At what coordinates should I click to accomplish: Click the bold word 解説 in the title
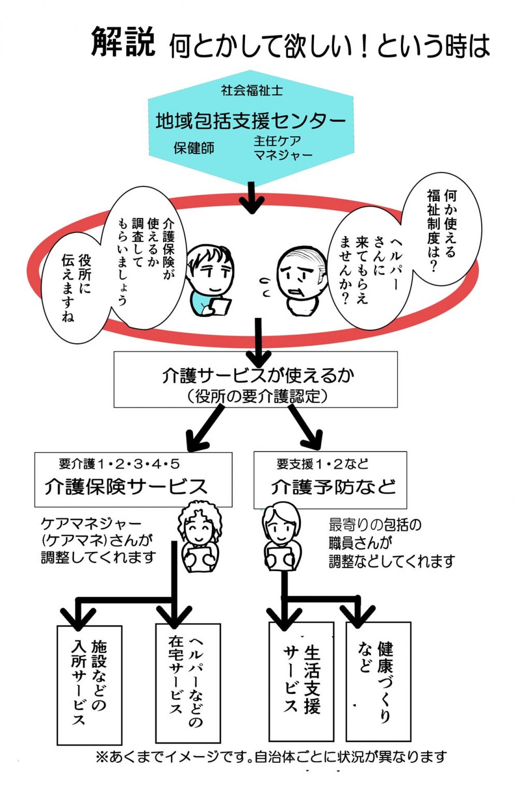click(x=123, y=42)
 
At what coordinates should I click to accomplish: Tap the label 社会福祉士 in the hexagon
click(x=252, y=90)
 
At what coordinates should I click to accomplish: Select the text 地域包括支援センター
click(x=251, y=120)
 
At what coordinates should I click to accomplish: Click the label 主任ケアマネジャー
click(x=282, y=148)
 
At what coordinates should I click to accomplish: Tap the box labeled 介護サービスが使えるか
click(x=255, y=379)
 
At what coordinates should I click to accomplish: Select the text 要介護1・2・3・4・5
click(x=119, y=464)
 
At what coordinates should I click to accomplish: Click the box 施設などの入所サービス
click(x=89, y=685)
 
